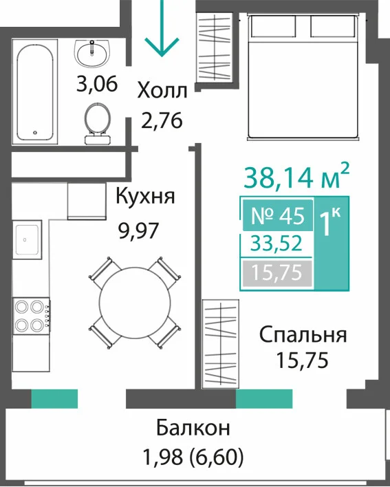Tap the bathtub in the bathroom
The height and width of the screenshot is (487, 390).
[x=35, y=92]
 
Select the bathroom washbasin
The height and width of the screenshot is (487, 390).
[x=92, y=54]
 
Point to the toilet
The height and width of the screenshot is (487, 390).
[x=97, y=123]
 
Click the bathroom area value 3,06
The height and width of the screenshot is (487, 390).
[x=97, y=84]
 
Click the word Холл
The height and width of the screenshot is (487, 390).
[x=162, y=91]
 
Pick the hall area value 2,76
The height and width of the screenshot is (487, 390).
[x=162, y=120]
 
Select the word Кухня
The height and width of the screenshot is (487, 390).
[x=145, y=196]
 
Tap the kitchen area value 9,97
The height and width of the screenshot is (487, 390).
[x=138, y=231]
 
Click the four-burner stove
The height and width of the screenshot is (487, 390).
[x=31, y=316]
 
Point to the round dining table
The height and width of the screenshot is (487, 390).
[x=135, y=301]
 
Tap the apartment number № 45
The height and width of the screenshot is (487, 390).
[x=277, y=216]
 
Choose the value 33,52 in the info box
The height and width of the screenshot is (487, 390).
[x=277, y=243]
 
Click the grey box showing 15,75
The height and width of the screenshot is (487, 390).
[x=277, y=272]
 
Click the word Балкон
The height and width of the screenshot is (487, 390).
[x=193, y=428]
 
